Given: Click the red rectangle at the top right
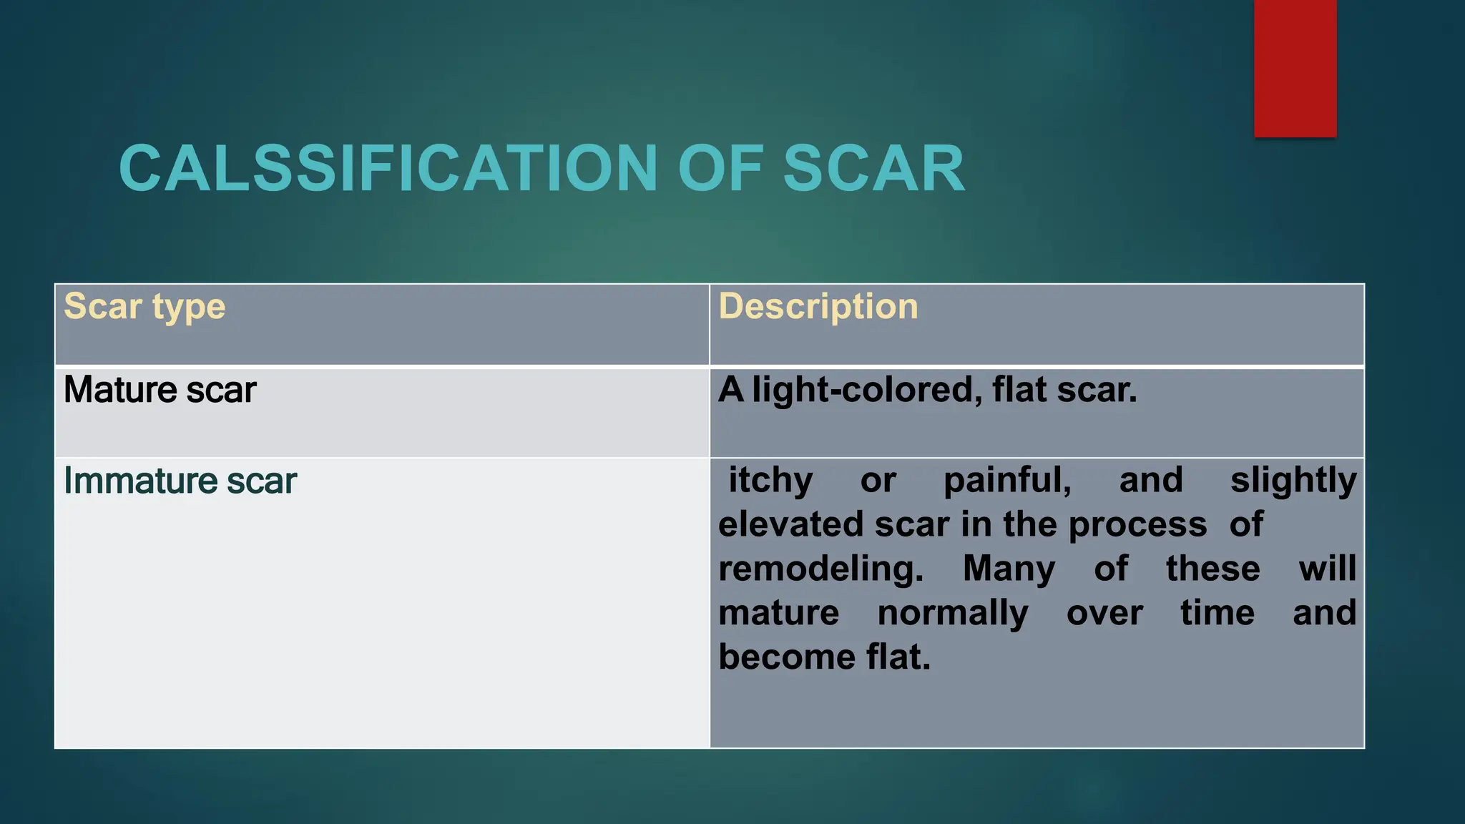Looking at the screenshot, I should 1295,68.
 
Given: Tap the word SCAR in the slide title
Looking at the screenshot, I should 873,169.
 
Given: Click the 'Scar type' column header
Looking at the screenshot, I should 144,307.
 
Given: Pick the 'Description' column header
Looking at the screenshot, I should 818,307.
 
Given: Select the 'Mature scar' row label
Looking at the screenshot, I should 160,391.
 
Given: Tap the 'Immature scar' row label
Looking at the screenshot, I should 180,481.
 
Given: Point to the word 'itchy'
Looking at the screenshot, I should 770,480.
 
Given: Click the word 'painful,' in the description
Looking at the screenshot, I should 1007,480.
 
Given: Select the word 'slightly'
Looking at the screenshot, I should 1293,480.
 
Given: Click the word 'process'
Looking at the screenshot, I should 1137,524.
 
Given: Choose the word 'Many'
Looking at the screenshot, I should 1009,569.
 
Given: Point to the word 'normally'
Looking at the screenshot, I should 953,613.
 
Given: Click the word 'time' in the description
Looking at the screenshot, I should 1217,613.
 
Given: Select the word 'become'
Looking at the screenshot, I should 786,657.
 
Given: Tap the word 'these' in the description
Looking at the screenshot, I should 1212,569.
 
